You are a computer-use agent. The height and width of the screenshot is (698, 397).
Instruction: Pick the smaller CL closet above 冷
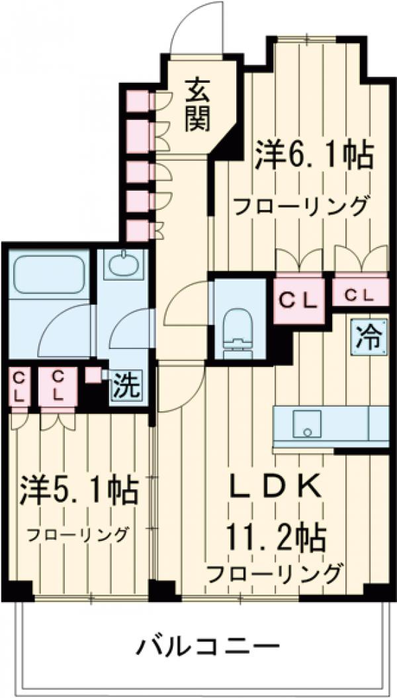coord(361,293)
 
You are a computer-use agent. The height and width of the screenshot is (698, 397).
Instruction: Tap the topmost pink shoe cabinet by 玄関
coord(137,99)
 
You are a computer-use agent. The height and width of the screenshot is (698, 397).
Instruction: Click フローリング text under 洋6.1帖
coord(300,206)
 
